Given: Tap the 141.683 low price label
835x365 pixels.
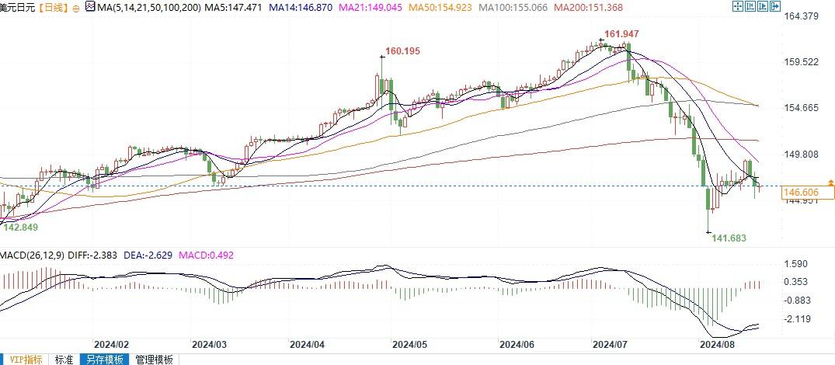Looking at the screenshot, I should tap(729, 238).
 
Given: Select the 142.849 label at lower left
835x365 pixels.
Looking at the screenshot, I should tap(21, 227).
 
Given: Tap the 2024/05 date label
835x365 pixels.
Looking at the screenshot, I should tap(410, 343).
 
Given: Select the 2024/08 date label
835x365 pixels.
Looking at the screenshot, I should tap(717, 343).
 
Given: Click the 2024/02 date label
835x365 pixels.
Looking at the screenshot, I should tap(110, 343).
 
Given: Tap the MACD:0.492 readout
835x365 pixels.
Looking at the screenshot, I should tap(207, 255).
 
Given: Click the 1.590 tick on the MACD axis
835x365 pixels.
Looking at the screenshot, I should tap(798, 265).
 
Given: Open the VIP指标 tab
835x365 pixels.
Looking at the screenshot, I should tap(24, 360).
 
